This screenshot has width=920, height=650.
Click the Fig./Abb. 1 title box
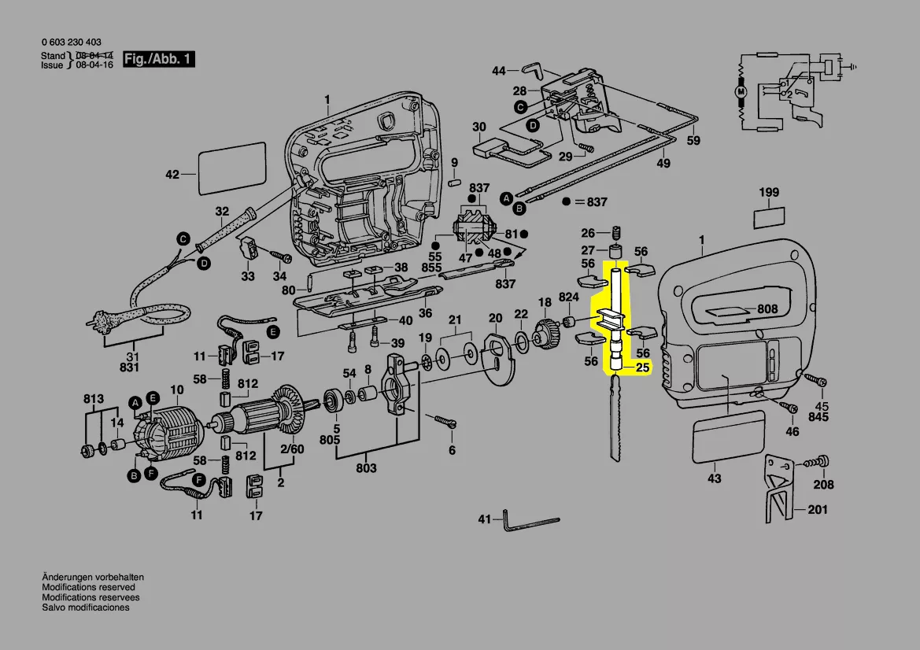click(x=159, y=60)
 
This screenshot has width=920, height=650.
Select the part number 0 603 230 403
click(x=71, y=42)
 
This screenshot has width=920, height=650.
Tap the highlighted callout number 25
click(x=642, y=367)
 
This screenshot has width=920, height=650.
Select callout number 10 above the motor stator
click(x=176, y=390)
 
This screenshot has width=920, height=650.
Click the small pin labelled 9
click(x=453, y=183)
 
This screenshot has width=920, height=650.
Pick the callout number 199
click(x=769, y=193)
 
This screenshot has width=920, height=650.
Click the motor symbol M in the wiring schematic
click(x=740, y=93)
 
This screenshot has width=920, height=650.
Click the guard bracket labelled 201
click(x=777, y=492)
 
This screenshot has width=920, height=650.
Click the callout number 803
click(x=366, y=468)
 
